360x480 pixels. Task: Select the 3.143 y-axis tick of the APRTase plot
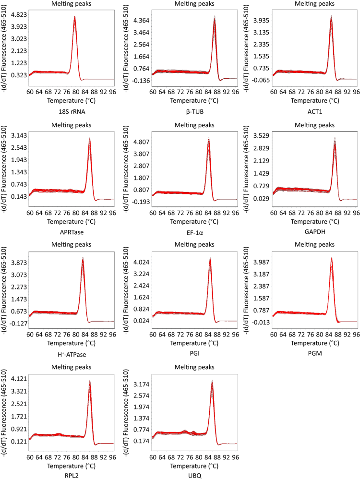pos(17,135)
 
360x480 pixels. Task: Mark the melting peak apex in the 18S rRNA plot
pos(75,17)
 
